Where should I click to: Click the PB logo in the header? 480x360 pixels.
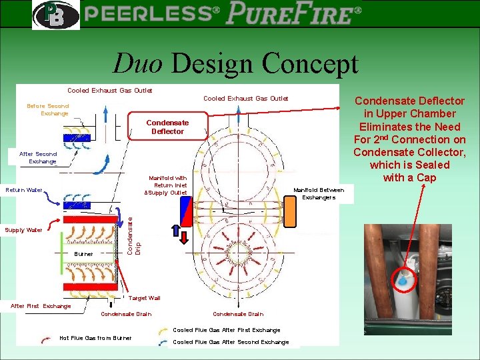(55, 15)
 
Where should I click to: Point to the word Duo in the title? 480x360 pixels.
(137, 63)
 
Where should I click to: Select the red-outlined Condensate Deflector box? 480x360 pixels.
(167, 127)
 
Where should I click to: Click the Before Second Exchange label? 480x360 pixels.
(47, 109)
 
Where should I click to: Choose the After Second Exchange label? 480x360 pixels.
(38, 157)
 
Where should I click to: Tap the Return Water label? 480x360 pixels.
(24, 190)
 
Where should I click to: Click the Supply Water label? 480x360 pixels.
(23, 230)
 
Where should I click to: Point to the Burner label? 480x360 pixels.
(84, 254)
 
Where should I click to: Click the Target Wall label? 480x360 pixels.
(144, 298)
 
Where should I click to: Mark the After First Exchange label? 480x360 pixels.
(41, 306)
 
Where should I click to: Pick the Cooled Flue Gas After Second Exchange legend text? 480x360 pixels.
(231, 342)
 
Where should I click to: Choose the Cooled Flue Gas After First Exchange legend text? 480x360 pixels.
(227, 330)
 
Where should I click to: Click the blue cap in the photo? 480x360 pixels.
(402, 281)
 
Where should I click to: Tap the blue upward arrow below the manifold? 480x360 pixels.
(175, 232)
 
